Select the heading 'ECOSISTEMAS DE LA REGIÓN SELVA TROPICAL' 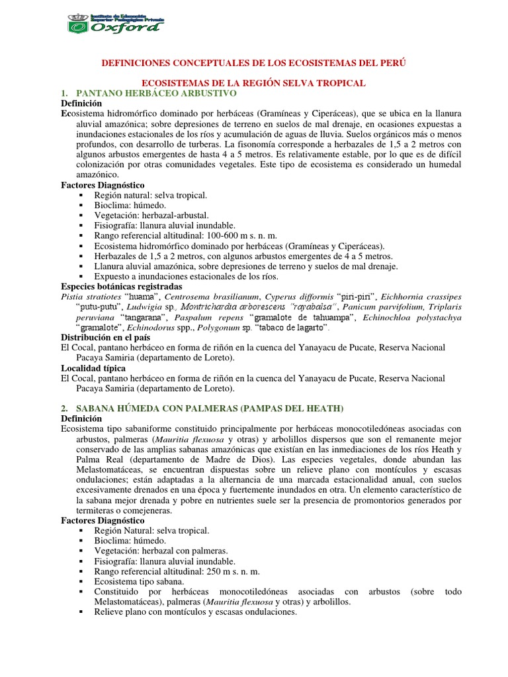click(x=254, y=83)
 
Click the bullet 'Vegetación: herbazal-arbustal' click(x=151, y=216)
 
